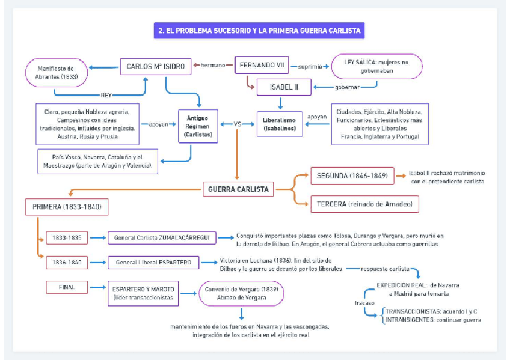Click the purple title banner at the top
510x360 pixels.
pyautogui.click(x=259, y=30)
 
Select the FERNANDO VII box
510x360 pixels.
pyautogui.click(x=262, y=65)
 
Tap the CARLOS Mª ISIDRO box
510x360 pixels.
pyautogui.click(x=156, y=66)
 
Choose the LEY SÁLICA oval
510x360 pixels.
pyautogui.click(x=376, y=66)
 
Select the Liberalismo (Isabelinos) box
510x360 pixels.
pyautogui.click(x=280, y=124)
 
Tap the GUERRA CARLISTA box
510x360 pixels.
pyautogui.click(x=238, y=189)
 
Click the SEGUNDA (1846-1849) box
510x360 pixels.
pyautogui.click(x=352, y=175)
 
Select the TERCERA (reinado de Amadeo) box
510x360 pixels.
pyautogui.click(x=364, y=204)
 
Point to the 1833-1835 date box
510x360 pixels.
pyautogui.click(x=67, y=238)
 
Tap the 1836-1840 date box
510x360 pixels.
pyautogui.click(x=67, y=262)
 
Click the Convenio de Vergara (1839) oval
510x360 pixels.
pyautogui.click(x=241, y=293)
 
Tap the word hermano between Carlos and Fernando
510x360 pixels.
pyautogui.click(x=213, y=65)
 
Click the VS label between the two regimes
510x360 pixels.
pyautogui.click(x=238, y=124)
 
